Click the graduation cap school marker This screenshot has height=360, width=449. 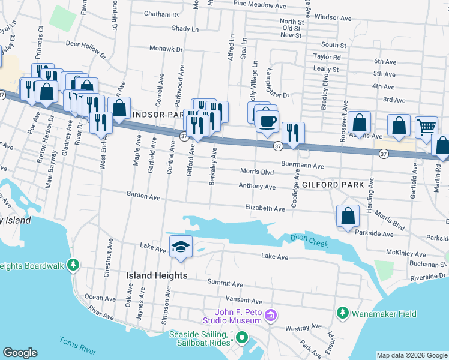point(181,247)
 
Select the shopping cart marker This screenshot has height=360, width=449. point(426,127)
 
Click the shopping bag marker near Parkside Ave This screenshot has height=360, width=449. point(348,215)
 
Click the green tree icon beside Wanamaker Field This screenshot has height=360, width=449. point(342,313)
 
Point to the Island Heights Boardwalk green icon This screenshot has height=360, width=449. point(73,265)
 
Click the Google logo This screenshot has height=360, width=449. point(20,352)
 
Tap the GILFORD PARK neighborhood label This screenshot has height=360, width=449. point(333,185)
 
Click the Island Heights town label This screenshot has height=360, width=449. point(157,275)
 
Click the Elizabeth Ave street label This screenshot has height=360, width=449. point(265,208)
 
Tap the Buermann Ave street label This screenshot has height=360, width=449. point(303,166)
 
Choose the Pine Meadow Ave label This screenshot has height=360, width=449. point(259,4)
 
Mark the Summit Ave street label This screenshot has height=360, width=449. point(225,283)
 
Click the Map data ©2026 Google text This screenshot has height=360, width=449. point(411,355)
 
